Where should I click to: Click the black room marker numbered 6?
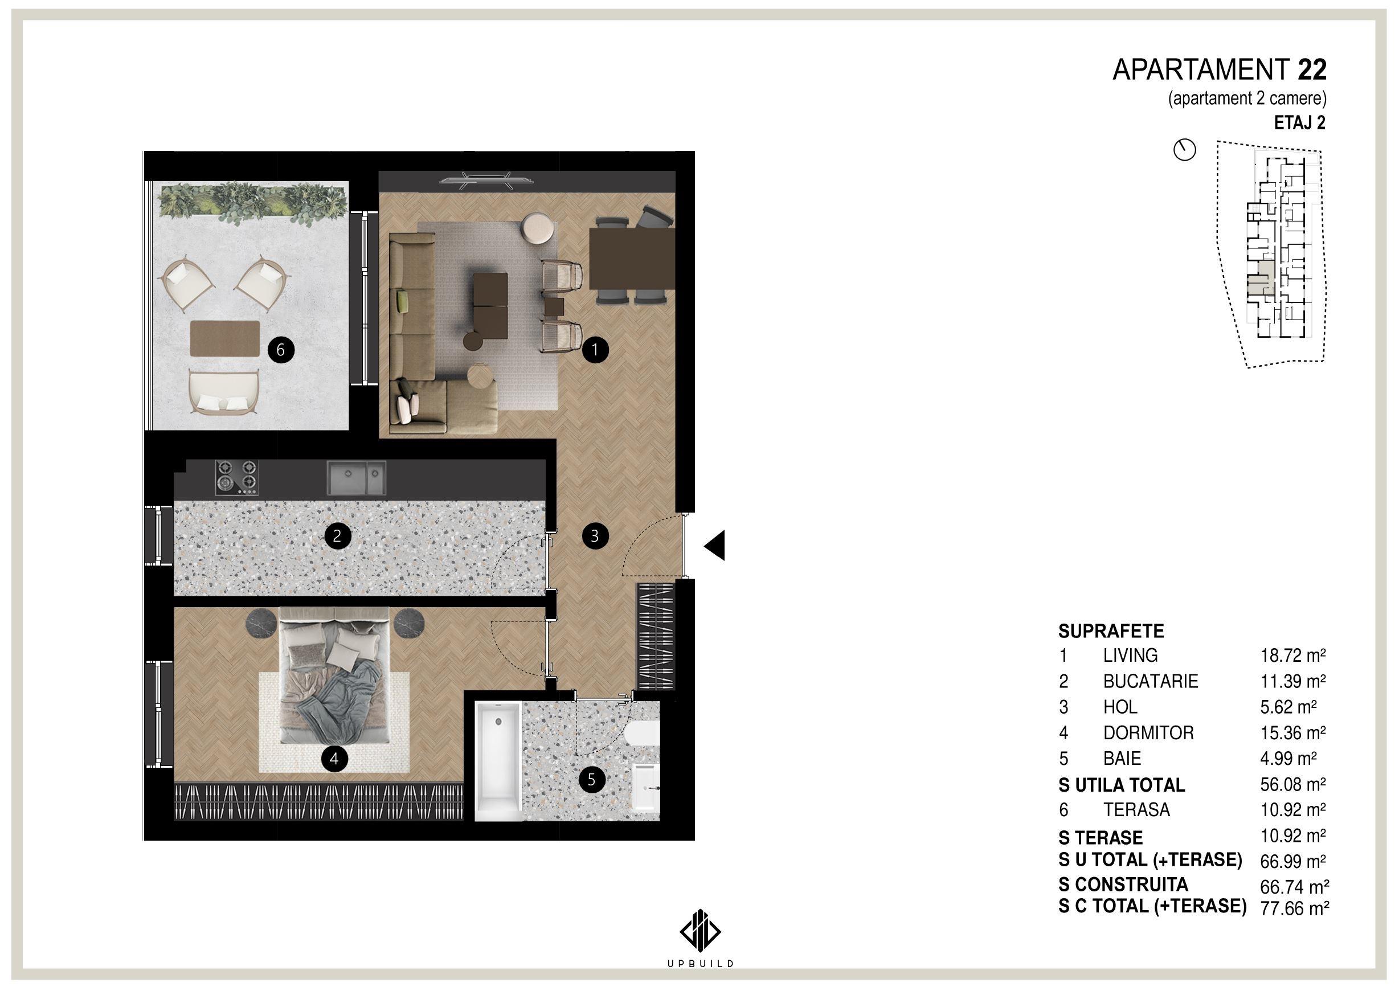(281, 350)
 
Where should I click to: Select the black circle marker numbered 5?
(591, 779)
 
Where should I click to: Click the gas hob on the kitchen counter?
(236, 477)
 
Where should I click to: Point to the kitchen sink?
(357, 477)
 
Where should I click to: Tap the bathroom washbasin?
(646, 788)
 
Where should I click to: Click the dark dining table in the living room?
(632, 259)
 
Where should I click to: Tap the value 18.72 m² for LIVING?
(1293, 656)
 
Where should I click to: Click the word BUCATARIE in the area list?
(1151, 681)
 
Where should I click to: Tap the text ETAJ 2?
(1299, 122)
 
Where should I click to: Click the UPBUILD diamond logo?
(700, 931)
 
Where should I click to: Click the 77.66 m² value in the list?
(1295, 908)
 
